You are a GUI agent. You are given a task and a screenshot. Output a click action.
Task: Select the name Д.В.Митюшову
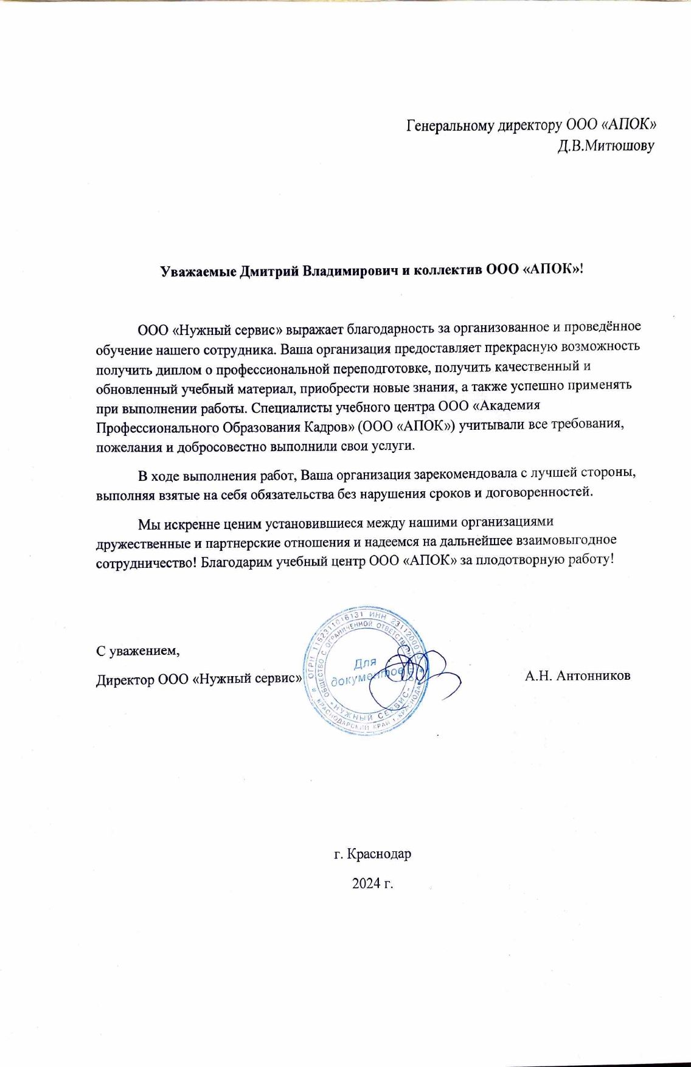606,147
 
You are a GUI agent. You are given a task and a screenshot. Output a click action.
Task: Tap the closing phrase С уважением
139,651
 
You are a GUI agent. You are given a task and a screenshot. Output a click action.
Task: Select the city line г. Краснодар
373,854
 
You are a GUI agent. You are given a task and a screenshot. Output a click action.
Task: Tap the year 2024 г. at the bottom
373,883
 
